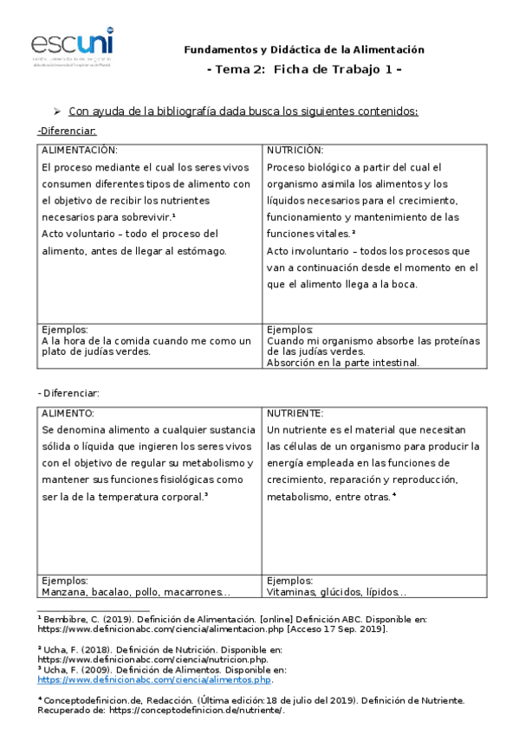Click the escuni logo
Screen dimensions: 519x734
click(72, 44)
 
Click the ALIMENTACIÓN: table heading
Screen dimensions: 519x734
click(80, 150)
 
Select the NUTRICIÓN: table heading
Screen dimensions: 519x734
click(295, 150)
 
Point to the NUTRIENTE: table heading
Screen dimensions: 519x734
click(295, 414)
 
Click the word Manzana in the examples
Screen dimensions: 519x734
click(64, 593)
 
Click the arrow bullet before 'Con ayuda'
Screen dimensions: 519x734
click(56, 111)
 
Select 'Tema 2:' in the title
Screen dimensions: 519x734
click(240, 69)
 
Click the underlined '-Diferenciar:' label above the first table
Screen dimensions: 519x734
click(67, 131)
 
